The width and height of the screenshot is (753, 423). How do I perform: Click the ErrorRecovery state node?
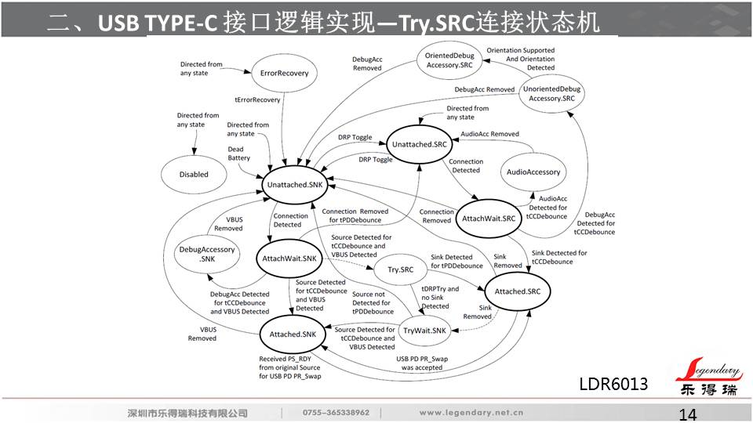tap(284, 73)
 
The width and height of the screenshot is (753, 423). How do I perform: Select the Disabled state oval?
tap(194, 175)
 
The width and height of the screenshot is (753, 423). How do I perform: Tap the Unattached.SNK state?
tap(295, 184)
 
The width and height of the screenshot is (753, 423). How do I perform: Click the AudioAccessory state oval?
tap(533, 172)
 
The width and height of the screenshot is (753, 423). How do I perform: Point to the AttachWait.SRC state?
tap(488, 218)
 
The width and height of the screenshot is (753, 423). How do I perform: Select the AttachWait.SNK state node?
tap(289, 258)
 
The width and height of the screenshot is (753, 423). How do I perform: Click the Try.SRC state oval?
tap(401, 270)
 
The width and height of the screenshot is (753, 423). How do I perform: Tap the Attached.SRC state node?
tap(518, 291)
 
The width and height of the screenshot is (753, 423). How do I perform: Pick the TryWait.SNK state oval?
tap(424, 331)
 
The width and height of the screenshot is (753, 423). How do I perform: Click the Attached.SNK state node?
tap(292, 334)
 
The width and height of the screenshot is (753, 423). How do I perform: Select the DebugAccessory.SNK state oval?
tap(206, 254)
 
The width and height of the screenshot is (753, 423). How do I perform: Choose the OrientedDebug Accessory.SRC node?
tap(449, 60)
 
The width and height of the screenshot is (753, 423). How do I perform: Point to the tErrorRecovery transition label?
tap(257, 99)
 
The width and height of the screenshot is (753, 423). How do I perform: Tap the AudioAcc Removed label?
tap(489, 134)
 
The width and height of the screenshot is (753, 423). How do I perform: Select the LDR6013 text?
tap(613, 384)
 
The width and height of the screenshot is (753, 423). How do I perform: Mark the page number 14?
tap(687, 414)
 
